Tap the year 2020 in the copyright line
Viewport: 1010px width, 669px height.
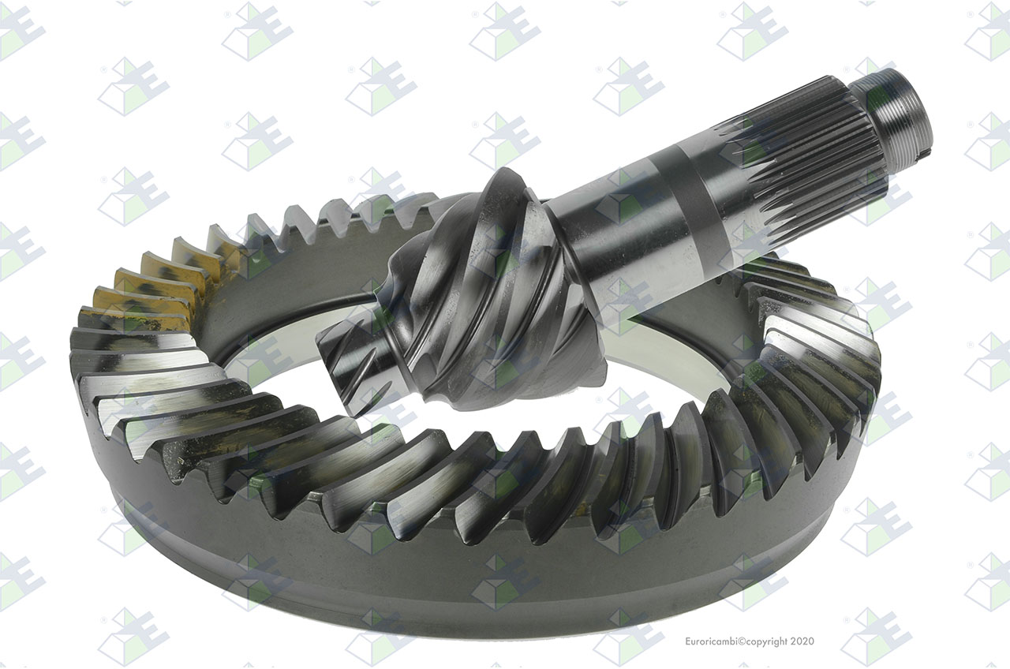pos(802,641)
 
